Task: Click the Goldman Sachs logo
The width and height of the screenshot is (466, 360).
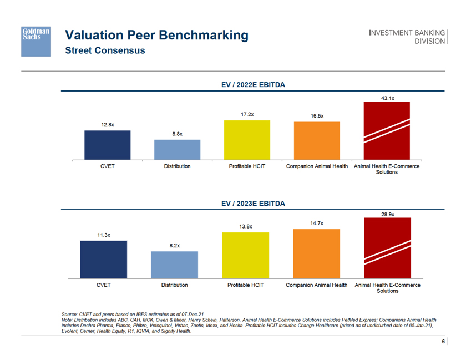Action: click(36, 40)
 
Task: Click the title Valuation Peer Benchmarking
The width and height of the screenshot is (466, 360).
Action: click(157, 36)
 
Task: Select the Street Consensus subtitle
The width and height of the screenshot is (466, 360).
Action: click(105, 50)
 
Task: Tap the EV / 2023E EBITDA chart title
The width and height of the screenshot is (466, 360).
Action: click(253, 204)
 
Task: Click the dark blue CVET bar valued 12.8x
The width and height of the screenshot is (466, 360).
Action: click(108, 145)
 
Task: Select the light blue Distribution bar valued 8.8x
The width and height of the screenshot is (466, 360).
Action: click(177, 150)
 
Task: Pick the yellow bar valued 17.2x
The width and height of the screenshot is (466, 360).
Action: click(247, 140)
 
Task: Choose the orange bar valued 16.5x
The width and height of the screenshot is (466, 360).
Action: click(317, 141)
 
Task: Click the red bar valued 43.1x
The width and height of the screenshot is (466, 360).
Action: click(387, 131)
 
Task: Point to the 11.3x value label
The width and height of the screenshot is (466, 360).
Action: click(104, 235)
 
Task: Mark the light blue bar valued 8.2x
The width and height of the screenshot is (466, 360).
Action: click(175, 265)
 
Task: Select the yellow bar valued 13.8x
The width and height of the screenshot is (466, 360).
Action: click(246, 255)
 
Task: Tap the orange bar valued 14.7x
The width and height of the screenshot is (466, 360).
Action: click(316, 253)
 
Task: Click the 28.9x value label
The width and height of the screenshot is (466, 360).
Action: click(387, 214)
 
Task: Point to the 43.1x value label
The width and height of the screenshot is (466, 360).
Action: click(387, 98)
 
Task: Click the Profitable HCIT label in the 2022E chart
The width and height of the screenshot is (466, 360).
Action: click(247, 166)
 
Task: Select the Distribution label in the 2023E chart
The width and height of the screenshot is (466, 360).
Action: click(175, 285)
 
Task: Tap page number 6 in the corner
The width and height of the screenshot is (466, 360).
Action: click(443, 342)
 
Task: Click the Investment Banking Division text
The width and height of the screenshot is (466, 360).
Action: click(408, 37)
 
